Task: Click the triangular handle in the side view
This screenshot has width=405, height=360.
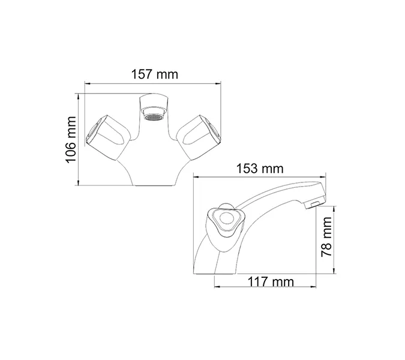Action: point(226,222)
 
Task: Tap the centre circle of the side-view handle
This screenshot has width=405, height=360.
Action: point(227,220)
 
